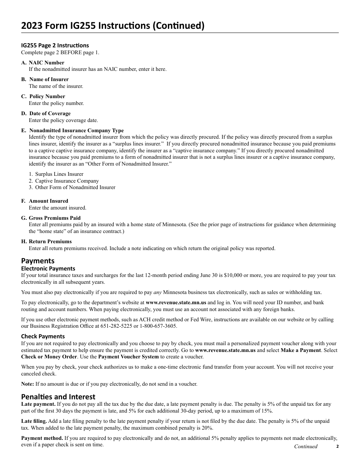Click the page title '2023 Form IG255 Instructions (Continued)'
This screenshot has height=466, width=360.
(113, 26)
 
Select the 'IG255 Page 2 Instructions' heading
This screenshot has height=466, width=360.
(55, 45)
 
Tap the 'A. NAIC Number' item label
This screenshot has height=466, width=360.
(43, 63)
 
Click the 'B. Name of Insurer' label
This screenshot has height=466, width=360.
(45, 79)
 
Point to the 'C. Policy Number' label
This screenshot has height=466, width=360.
(43, 96)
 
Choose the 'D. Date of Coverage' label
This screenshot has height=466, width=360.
(46, 113)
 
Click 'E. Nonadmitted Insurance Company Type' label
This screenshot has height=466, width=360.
(72, 130)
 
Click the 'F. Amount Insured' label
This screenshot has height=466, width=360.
(45, 201)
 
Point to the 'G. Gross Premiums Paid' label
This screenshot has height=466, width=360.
(51, 218)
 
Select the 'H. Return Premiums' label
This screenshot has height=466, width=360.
(46, 241)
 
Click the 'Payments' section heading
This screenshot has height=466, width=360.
(38, 261)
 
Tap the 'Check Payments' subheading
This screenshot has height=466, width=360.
(43, 336)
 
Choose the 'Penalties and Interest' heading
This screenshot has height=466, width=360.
(58, 397)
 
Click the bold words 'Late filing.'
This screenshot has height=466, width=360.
(34, 421)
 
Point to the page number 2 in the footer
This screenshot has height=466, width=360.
(337, 446)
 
